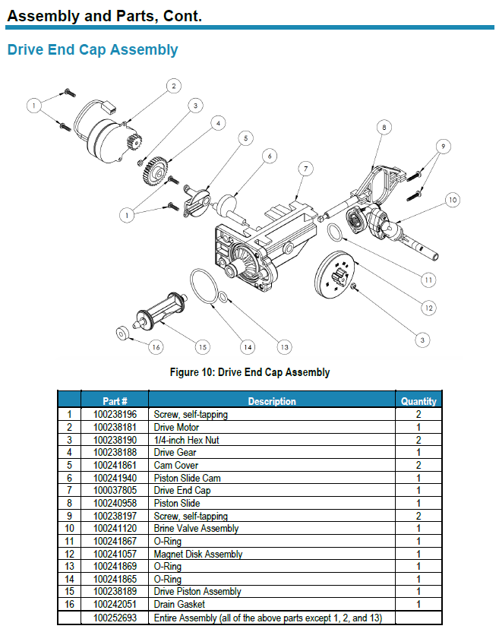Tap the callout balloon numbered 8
coord(384,128)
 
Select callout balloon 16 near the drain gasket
coord(155,346)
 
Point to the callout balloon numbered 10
coord(452,201)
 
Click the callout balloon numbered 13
coord(284,346)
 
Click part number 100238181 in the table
coord(115,427)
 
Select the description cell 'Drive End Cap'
coord(182,491)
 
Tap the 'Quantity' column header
coord(418,401)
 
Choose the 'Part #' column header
coord(115,401)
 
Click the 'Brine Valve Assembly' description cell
coord(196,529)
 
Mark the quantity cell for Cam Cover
coord(418,465)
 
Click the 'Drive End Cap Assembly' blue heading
coord(92,50)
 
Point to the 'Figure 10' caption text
coord(249,372)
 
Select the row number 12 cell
coord(69,555)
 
